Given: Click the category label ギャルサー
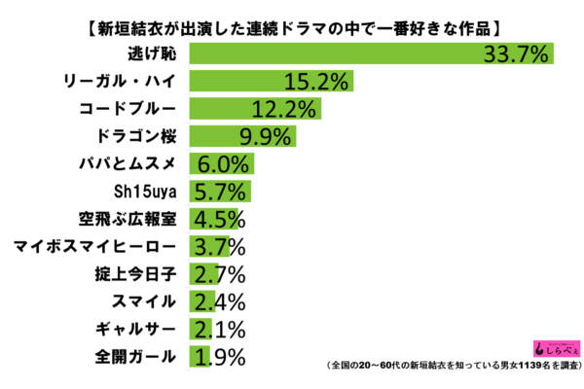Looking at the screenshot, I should tap(140, 329).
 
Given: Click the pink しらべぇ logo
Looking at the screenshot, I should tap(550, 347).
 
